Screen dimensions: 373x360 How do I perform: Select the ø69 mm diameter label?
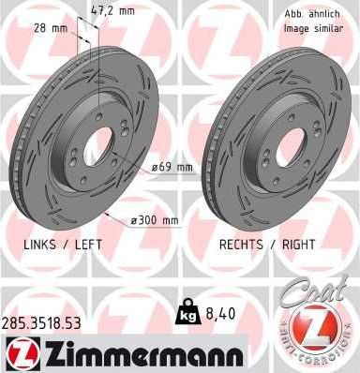pos(171,168)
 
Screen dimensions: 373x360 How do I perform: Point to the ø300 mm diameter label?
pos(155,220)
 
